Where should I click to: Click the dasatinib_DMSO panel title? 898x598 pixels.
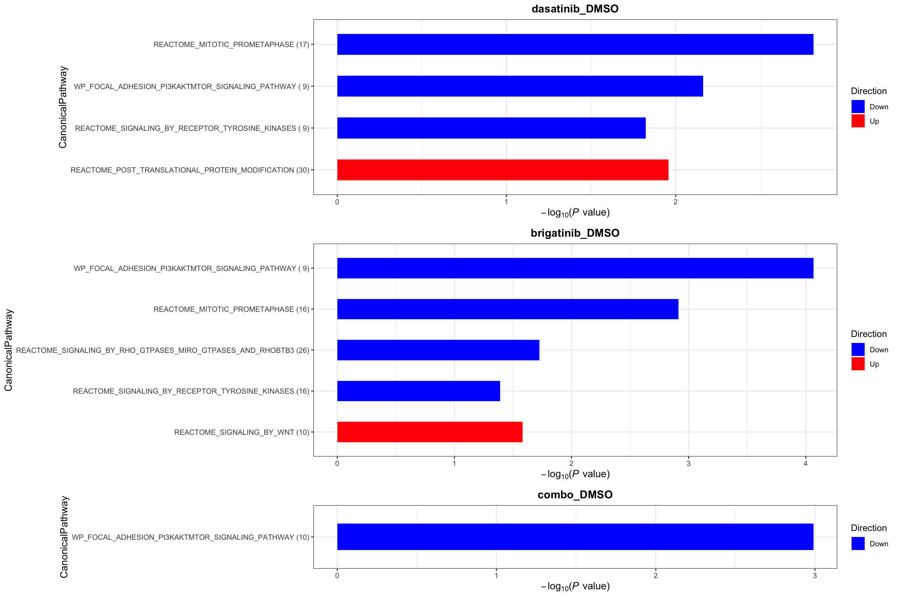tap(575, 9)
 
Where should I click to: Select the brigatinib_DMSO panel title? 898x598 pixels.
tap(575, 233)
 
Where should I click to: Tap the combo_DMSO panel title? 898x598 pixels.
tap(575, 495)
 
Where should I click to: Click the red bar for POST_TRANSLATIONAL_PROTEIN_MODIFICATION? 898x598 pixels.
tap(502, 170)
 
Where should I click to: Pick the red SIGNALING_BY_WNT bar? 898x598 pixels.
tap(430, 432)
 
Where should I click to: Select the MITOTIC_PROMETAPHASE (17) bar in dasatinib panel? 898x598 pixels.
tap(575, 44)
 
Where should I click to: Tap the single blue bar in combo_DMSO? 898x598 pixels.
tap(575, 537)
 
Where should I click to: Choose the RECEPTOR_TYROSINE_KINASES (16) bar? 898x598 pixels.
tap(418, 391)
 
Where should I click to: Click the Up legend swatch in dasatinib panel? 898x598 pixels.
tap(857, 121)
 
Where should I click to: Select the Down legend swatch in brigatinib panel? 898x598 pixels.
tap(857, 349)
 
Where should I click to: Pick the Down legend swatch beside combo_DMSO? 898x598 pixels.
tap(857, 543)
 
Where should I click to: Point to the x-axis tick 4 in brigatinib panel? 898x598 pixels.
tap(806, 464)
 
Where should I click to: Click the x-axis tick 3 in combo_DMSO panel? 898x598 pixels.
tap(814, 576)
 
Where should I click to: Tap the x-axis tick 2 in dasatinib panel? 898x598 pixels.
tap(675, 202)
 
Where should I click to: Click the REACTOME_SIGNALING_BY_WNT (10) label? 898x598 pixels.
tap(241, 432)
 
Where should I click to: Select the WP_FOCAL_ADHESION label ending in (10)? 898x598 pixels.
tap(190, 537)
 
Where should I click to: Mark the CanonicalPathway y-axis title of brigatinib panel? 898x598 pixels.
tap(8, 350)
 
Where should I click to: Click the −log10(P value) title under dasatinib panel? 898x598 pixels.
tap(575, 212)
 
